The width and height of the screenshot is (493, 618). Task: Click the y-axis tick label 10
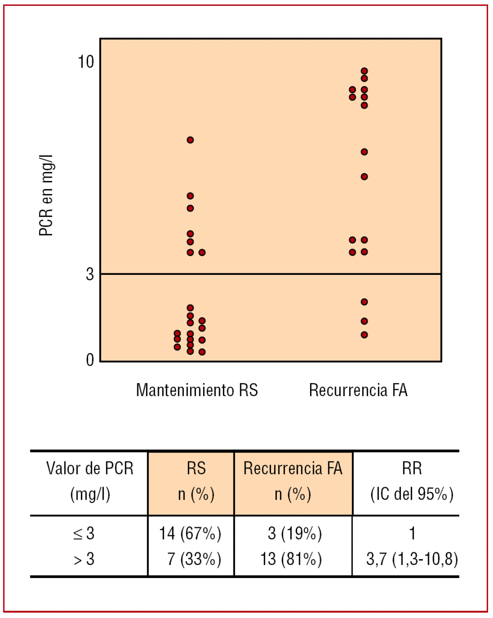click(x=86, y=62)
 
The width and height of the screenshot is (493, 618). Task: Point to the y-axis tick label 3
click(x=90, y=274)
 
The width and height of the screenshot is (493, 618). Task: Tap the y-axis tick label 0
click(x=90, y=360)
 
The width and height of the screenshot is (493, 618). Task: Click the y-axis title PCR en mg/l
click(x=46, y=195)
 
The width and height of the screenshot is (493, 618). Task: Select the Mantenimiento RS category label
click(x=197, y=390)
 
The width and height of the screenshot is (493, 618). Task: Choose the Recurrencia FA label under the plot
click(x=358, y=390)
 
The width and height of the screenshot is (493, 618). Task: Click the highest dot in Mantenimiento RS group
click(x=190, y=140)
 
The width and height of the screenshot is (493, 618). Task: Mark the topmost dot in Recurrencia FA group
click(x=364, y=71)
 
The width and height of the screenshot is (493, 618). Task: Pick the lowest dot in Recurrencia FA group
click(x=364, y=335)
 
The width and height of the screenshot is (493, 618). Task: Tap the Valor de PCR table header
click(x=90, y=481)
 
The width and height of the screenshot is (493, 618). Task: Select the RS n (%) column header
click(x=196, y=481)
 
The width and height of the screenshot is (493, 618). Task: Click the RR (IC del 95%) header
click(x=412, y=481)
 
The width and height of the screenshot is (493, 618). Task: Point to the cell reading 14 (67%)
click(x=190, y=533)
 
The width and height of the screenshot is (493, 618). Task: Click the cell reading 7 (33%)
click(x=194, y=559)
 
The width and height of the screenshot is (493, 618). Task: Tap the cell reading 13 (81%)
click(x=291, y=559)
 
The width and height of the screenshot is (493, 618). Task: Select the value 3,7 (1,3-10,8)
click(x=412, y=559)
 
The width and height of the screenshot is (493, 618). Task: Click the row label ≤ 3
click(x=84, y=533)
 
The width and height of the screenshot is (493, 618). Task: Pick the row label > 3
click(x=84, y=559)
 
